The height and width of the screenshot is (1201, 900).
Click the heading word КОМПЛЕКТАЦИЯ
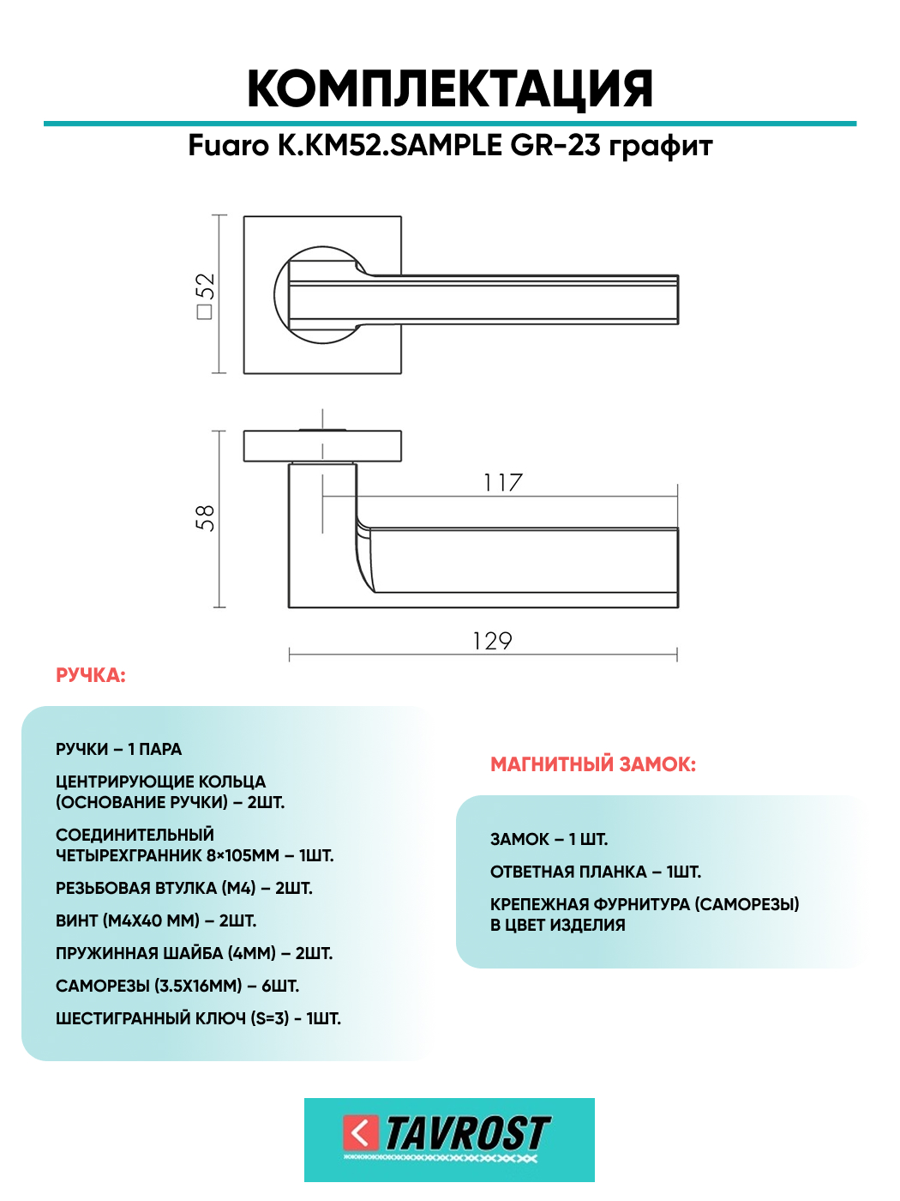[x=450, y=89]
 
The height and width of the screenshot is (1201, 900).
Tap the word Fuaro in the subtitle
[x=228, y=146]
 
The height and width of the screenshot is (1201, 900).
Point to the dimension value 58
[x=205, y=518]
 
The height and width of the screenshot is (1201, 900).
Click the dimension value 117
[x=502, y=483]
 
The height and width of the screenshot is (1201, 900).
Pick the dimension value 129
[x=492, y=641]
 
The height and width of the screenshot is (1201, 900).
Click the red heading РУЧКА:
[x=91, y=676]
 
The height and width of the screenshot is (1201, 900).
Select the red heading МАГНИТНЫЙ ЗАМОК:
[x=593, y=764]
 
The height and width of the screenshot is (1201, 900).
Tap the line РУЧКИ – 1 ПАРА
[x=119, y=750]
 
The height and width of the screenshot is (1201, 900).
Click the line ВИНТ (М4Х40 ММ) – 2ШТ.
[x=156, y=921]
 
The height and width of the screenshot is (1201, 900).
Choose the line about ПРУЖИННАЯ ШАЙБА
[x=194, y=954]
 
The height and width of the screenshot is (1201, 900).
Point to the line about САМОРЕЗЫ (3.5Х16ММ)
[x=177, y=987]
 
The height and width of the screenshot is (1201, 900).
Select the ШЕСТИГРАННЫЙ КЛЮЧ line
[x=198, y=1019]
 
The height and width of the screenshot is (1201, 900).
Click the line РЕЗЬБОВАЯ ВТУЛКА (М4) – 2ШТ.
[x=184, y=889]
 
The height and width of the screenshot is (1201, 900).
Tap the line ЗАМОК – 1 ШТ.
[x=549, y=840]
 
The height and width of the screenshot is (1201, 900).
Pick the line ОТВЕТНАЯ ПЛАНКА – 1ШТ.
[x=596, y=872]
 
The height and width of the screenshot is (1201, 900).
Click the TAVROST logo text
[x=467, y=1133]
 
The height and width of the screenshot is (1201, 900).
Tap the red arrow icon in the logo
[x=361, y=1132]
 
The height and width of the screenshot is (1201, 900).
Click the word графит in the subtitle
[x=661, y=147]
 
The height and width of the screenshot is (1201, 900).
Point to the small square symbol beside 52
[x=205, y=311]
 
